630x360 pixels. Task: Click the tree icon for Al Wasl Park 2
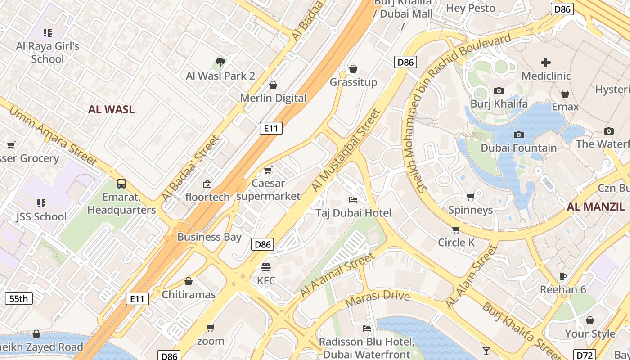220,63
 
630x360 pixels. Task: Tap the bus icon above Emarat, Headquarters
121,184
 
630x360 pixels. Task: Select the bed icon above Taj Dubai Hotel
353,199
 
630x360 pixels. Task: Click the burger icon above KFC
266,267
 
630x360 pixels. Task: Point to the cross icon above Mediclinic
546,62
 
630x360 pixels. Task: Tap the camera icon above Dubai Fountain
518,135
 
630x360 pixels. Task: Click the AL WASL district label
111,109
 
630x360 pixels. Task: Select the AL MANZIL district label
596,207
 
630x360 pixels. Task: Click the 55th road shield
19,298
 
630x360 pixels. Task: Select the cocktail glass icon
486,351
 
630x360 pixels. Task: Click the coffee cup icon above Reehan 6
562,276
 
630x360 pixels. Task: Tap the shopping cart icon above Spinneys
470,197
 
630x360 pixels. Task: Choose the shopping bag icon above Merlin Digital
273,85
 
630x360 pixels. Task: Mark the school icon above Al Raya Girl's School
48,33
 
